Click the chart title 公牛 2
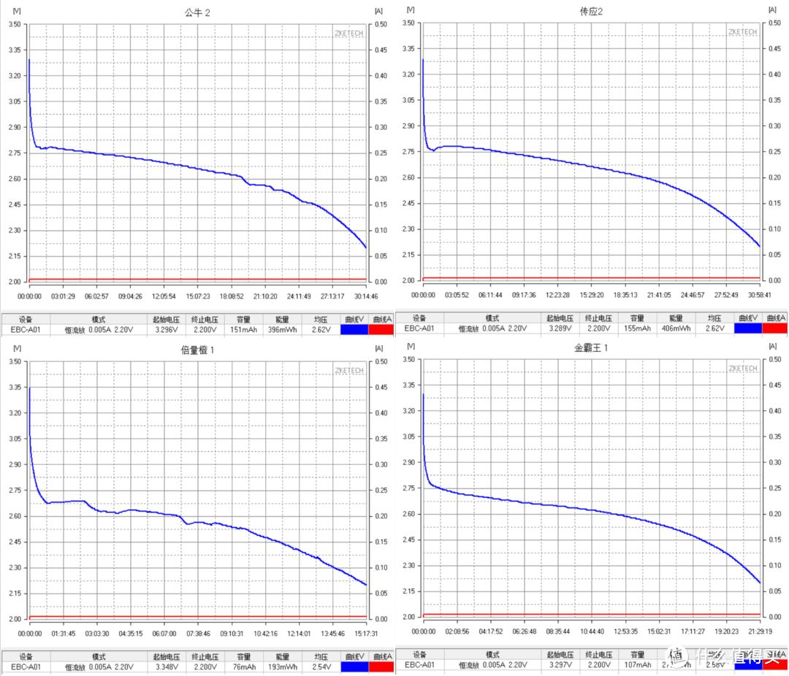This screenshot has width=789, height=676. tap(197, 12)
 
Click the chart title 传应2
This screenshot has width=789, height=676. tap(591, 12)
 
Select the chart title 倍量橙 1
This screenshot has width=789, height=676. tap(197, 350)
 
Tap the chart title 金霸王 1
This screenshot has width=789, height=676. tap(591, 347)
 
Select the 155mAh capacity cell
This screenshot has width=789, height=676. tap(637, 329)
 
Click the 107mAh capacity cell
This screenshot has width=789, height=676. tap(637, 665)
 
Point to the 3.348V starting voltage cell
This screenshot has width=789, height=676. tap(167, 667)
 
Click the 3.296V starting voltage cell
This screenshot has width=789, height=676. tap(167, 330)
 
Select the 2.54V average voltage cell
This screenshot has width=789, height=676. tap(319, 667)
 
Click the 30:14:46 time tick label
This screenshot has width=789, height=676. tap(365, 296)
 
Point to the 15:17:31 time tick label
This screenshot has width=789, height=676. tap(365, 634)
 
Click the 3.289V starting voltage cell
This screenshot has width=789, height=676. tap(563, 329)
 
